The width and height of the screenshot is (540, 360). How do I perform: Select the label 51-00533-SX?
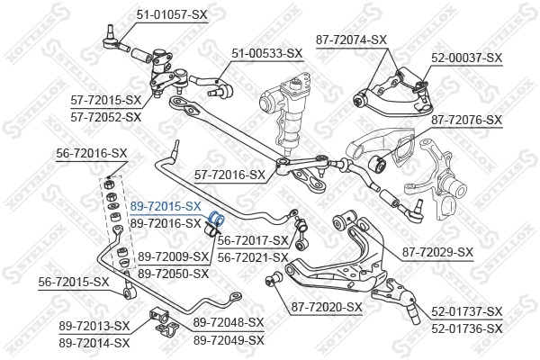(268, 54)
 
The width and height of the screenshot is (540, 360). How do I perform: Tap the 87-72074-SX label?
(351, 40)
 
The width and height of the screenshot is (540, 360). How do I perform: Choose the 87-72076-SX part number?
(466, 118)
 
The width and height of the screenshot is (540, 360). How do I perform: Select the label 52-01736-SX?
(467, 328)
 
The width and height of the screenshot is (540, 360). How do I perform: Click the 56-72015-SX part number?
(74, 282)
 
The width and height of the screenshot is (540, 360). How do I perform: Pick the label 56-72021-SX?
(253, 257)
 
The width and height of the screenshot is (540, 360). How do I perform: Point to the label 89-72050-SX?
(174, 273)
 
